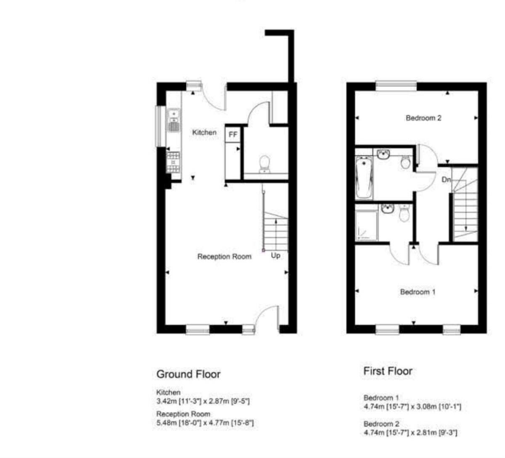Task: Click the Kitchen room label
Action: (204, 132)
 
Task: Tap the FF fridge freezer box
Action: (233, 135)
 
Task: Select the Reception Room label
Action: (224, 256)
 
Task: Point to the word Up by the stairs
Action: (275, 255)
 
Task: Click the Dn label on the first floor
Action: (446, 180)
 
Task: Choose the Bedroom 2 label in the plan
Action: (423, 118)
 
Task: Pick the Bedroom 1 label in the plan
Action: (417, 292)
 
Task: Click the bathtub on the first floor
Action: (364, 178)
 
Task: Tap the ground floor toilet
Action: (265, 163)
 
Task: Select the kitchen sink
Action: (173, 114)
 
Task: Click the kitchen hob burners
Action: (173, 162)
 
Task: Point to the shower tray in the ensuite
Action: (367, 226)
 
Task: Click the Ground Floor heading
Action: (188, 374)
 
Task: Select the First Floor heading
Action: (388, 371)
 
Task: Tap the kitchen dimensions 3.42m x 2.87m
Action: (203, 401)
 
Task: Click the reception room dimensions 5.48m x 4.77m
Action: (205, 423)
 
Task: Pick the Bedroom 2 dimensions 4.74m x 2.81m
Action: (410, 432)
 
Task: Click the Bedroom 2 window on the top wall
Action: (396, 85)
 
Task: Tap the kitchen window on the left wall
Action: (160, 126)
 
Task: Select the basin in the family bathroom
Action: (383, 154)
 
